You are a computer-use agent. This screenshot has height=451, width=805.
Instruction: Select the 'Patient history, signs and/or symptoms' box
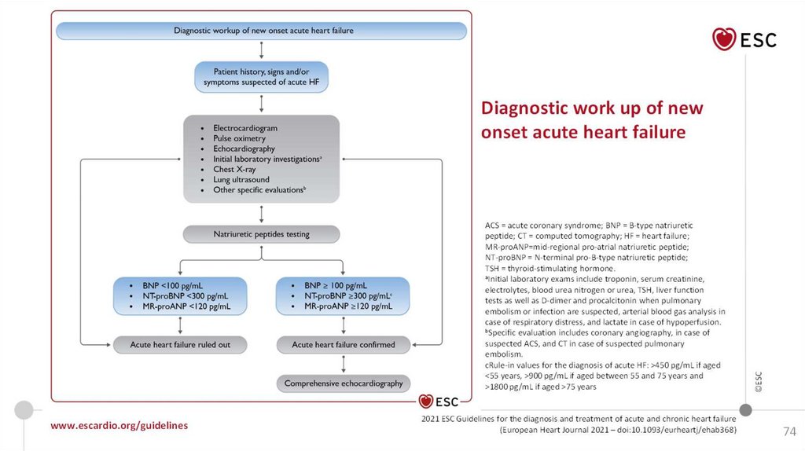pos(260,76)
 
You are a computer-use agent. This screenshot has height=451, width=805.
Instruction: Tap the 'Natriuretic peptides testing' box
pos(262,234)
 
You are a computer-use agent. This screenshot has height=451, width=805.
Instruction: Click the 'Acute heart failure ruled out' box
pos(180,344)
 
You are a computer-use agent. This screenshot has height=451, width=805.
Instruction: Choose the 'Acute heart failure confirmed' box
pos(343,344)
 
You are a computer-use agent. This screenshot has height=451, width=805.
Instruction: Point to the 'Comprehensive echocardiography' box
pos(343,383)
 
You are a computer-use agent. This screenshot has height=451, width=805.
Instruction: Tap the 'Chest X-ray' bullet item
pos(234,169)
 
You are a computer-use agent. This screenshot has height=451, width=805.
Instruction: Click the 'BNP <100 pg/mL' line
pos(171,284)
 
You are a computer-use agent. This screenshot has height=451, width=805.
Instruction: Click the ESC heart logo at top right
pos(725,38)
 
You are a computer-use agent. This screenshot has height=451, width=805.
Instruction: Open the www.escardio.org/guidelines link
pos(119,425)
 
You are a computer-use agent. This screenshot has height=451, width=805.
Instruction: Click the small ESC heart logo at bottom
pos(427,402)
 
